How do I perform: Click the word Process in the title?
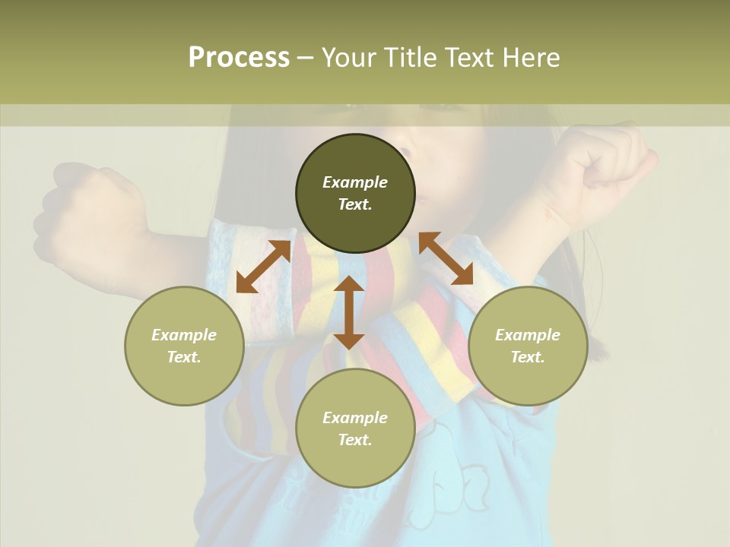(239, 58)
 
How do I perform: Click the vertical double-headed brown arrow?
(349, 312)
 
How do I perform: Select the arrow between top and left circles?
(263, 267)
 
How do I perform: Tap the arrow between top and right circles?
(446, 258)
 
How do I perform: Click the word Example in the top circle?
(355, 182)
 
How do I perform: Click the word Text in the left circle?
(184, 357)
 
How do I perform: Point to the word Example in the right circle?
(528, 335)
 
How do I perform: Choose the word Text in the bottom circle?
(355, 440)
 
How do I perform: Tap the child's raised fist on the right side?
(608, 167)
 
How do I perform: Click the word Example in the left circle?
(184, 335)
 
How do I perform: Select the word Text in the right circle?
(528, 357)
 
